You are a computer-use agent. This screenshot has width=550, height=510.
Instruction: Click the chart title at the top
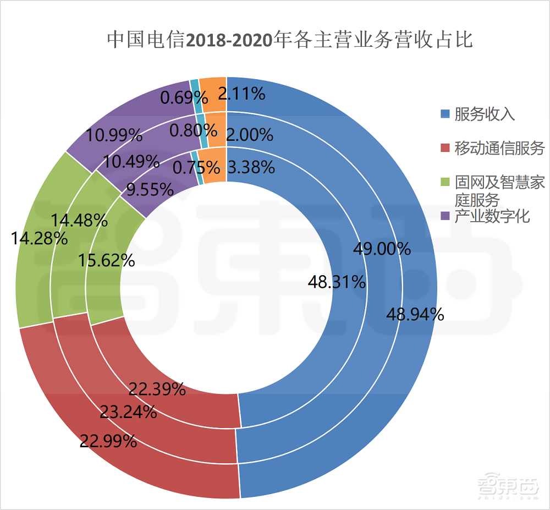(289, 40)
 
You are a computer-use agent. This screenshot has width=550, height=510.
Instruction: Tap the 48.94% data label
(415, 314)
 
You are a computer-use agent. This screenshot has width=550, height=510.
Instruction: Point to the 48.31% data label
(337, 282)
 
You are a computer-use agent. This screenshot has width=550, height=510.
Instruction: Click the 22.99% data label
(108, 441)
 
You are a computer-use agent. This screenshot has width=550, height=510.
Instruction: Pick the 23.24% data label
(128, 412)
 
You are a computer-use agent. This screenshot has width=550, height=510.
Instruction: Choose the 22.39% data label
(157, 389)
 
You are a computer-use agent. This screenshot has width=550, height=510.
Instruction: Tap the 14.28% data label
(40, 238)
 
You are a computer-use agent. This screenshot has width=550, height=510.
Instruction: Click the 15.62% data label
(106, 260)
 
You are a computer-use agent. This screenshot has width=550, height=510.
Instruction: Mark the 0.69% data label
(184, 98)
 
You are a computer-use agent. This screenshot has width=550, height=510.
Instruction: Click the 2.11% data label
(242, 94)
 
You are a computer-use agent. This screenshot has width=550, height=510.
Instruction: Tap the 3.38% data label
(251, 167)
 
